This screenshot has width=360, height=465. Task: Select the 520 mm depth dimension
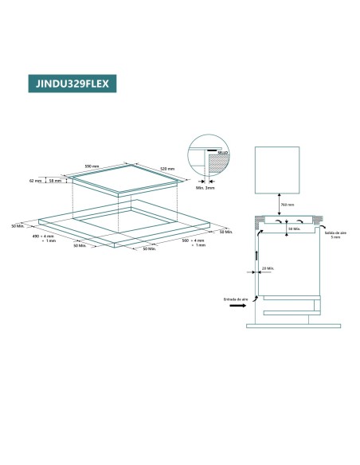[x=166, y=170]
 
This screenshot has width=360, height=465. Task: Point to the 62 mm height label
[x=34, y=181]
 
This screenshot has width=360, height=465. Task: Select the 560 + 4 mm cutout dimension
[x=194, y=241]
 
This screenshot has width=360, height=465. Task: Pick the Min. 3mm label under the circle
[x=206, y=187]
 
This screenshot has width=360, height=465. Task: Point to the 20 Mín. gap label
[x=268, y=268]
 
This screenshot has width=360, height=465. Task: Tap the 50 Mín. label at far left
[x=18, y=225]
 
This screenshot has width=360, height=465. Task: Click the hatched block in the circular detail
[x=214, y=164]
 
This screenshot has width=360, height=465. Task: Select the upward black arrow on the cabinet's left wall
[x=257, y=256]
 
